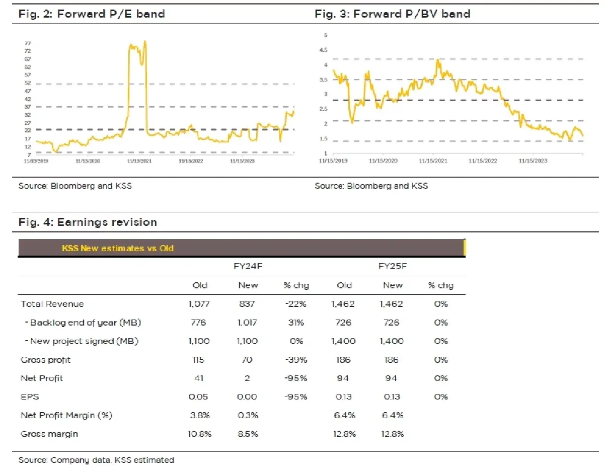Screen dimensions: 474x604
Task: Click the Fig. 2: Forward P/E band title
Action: [x=92, y=14]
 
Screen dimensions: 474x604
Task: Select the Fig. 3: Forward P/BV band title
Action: [x=392, y=14]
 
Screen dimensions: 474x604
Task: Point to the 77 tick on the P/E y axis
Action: [x=28, y=43]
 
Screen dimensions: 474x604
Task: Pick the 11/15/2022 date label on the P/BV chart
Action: [x=483, y=161]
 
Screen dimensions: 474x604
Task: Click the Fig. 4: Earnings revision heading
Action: [x=88, y=222]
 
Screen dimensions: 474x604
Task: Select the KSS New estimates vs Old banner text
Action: [x=118, y=248]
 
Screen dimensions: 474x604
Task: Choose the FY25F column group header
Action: [x=392, y=266]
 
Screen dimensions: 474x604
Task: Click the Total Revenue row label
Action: [x=52, y=304]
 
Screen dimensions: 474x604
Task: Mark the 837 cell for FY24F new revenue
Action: [x=248, y=304]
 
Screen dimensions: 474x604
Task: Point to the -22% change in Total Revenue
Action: [x=296, y=304]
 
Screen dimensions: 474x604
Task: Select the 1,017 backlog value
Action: [x=248, y=323]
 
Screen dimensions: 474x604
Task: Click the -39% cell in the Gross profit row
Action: [x=296, y=360]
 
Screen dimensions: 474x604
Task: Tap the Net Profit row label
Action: [x=42, y=378]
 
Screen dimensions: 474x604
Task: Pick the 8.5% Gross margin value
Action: [x=248, y=434]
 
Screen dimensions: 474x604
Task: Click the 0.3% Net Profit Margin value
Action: [x=248, y=415]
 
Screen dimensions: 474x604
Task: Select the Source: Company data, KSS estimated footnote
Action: [x=96, y=460]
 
